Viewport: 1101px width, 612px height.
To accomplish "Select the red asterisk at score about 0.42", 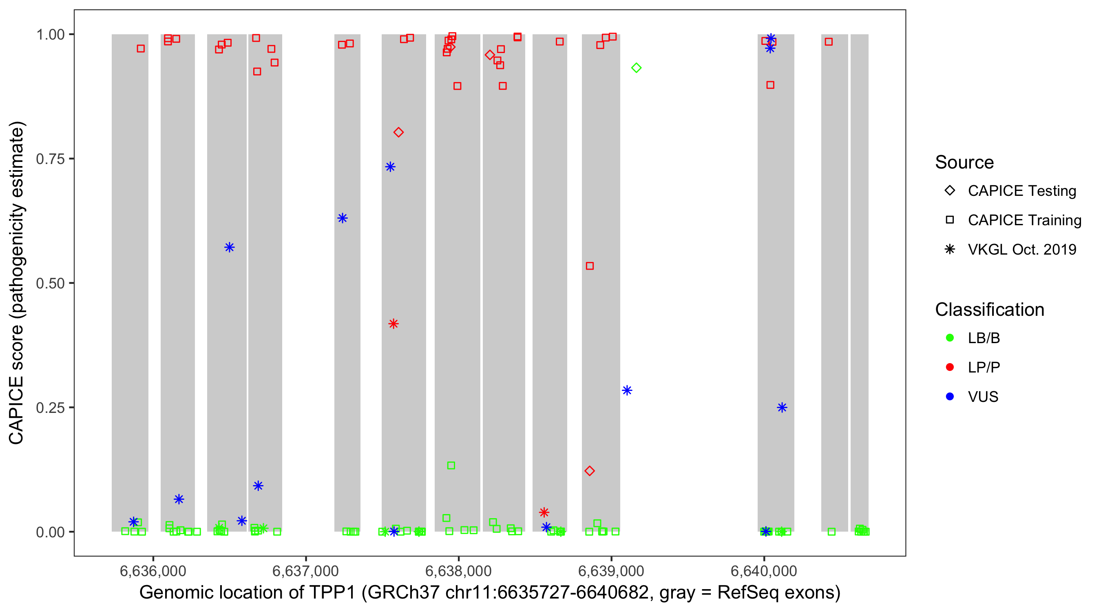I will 394,324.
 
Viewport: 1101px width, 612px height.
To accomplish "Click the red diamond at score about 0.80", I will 398,133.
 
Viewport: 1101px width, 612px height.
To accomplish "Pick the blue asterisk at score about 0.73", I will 390,167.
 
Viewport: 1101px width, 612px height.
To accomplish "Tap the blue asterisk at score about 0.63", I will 343,218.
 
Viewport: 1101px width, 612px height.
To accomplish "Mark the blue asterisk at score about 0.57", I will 230,247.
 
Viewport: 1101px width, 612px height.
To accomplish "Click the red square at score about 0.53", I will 590,266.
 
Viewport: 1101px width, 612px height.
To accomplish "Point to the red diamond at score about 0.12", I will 590,471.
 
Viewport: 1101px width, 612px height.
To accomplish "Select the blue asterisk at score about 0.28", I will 627,390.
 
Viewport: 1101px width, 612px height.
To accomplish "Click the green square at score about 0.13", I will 451,465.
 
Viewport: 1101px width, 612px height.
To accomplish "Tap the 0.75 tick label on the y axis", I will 50,159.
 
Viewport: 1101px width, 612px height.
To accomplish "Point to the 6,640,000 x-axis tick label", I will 764,571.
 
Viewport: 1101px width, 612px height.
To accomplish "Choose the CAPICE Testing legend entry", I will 1021,191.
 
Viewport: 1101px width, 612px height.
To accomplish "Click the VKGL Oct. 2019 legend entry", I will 1021,249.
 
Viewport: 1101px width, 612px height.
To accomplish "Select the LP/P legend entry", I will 984,367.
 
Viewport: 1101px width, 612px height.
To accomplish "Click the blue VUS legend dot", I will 950,397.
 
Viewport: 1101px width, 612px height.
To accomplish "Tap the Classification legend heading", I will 989,310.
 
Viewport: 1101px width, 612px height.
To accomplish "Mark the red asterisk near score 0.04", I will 544,512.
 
